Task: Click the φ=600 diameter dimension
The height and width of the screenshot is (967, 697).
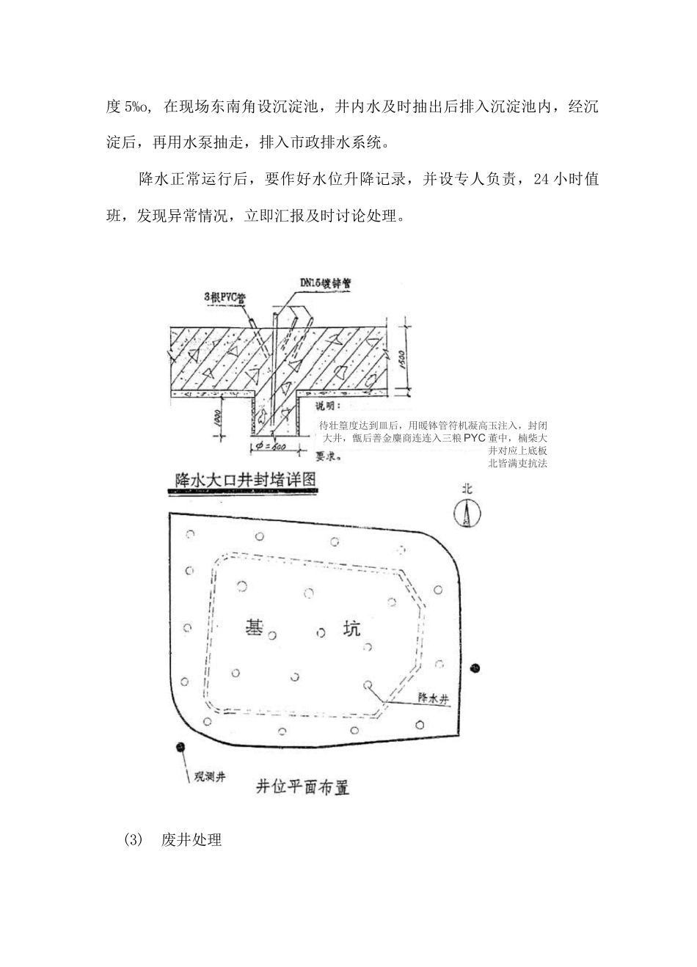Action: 274,447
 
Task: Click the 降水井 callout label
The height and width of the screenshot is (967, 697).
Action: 432,699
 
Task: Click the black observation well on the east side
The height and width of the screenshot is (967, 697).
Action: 475,668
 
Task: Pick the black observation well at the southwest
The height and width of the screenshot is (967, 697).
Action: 180,747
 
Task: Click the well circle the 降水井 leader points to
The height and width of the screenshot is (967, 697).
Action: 368,685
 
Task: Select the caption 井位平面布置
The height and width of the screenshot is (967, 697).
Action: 302,787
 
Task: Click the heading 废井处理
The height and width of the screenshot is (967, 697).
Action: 191,840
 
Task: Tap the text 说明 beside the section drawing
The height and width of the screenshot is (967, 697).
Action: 328,404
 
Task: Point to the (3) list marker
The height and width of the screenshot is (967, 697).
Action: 133,840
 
